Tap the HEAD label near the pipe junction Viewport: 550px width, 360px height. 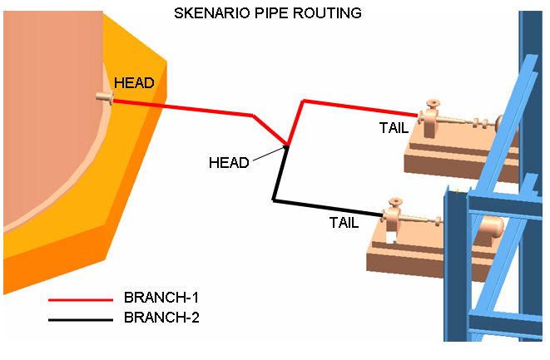(228, 163)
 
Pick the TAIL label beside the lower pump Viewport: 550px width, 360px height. (344, 222)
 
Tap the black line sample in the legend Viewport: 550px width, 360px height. (80, 318)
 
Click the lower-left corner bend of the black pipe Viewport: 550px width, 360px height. (274, 200)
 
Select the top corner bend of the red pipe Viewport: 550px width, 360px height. (303, 101)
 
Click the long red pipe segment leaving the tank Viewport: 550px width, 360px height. (183, 108)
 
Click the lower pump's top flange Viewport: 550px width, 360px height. (392, 202)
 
